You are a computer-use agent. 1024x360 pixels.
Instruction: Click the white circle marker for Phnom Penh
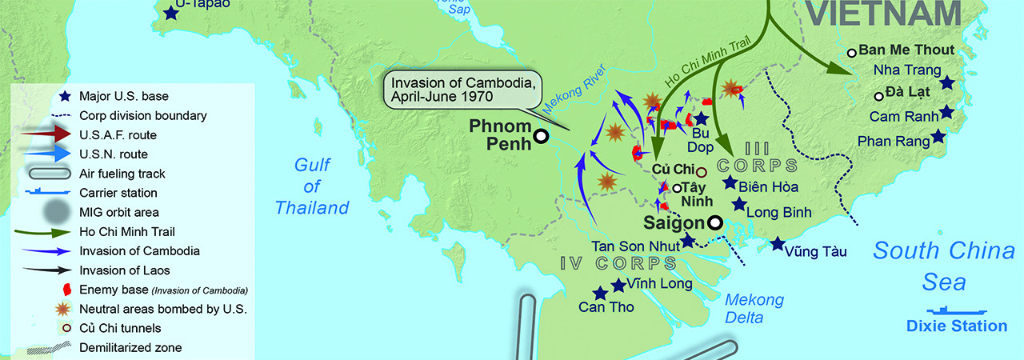[542, 137]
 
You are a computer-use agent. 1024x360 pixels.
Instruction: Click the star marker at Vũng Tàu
[777, 244]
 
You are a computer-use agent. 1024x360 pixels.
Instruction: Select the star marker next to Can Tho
[599, 294]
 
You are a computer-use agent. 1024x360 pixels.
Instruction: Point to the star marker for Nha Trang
[948, 82]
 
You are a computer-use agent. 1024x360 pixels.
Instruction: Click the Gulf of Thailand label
[312, 186]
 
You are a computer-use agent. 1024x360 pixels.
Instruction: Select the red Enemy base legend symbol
[68, 289]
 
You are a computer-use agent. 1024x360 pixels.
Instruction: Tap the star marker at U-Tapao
[170, 13]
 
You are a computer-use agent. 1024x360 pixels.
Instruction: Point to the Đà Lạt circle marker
[878, 96]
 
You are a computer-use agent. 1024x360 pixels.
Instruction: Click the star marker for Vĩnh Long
[618, 286]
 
